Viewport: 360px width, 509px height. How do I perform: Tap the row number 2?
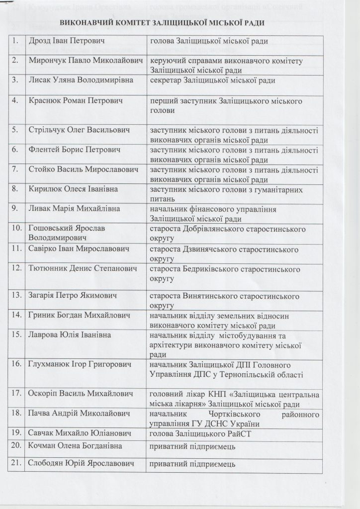(16, 60)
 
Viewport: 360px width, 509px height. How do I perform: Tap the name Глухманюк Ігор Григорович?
(80, 365)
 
